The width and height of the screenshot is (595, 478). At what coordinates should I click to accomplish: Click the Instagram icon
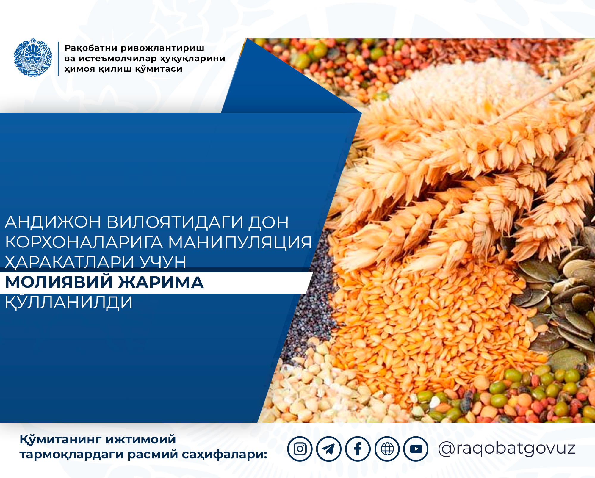300,449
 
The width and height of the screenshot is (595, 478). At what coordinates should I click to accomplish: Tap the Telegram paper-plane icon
329,449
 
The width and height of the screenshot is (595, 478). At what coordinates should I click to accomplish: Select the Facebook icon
358,449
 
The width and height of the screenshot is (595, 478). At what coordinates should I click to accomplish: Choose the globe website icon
387,449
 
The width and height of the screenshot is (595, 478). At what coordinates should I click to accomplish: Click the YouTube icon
416,449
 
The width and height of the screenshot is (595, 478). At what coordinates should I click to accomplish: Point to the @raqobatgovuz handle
507,449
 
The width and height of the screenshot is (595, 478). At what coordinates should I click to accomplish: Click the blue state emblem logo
33,57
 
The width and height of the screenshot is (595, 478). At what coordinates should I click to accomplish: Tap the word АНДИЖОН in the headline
53,222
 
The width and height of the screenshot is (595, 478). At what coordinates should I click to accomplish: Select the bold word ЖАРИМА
161,282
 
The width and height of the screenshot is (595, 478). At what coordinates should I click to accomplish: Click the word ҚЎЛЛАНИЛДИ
69,302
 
